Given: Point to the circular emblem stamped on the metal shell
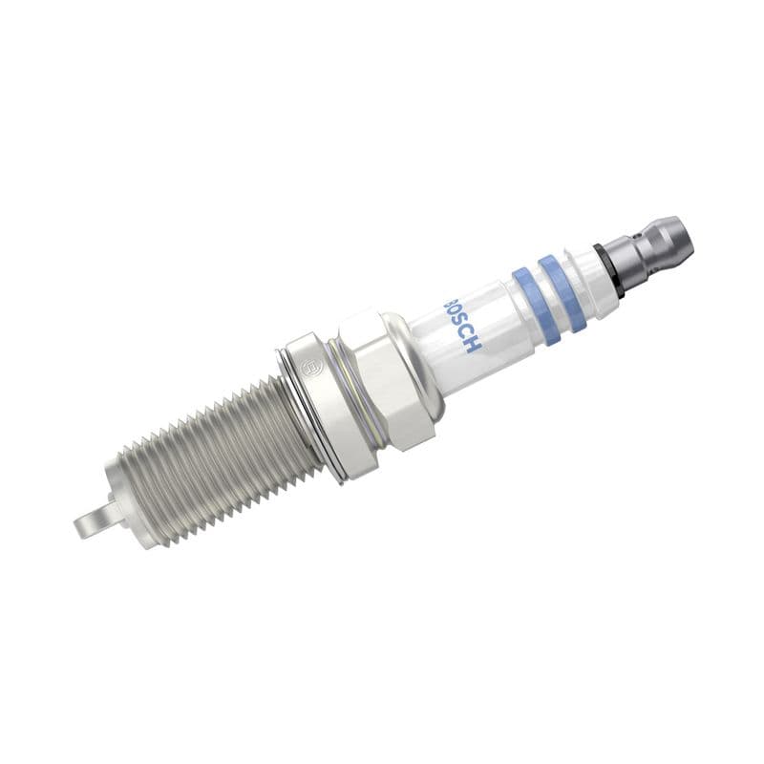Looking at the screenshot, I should coord(307,365).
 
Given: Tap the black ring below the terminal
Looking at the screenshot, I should coord(607,269).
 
